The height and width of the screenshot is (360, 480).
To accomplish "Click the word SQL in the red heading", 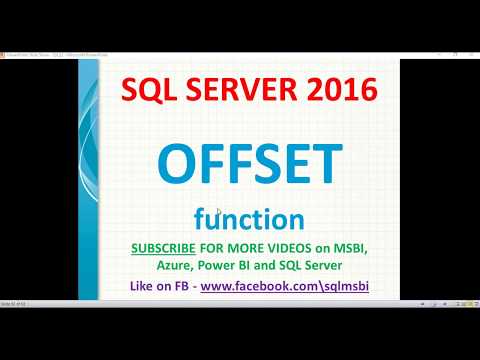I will coord(148,91).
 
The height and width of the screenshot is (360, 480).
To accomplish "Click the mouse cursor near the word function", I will coord(219,211).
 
